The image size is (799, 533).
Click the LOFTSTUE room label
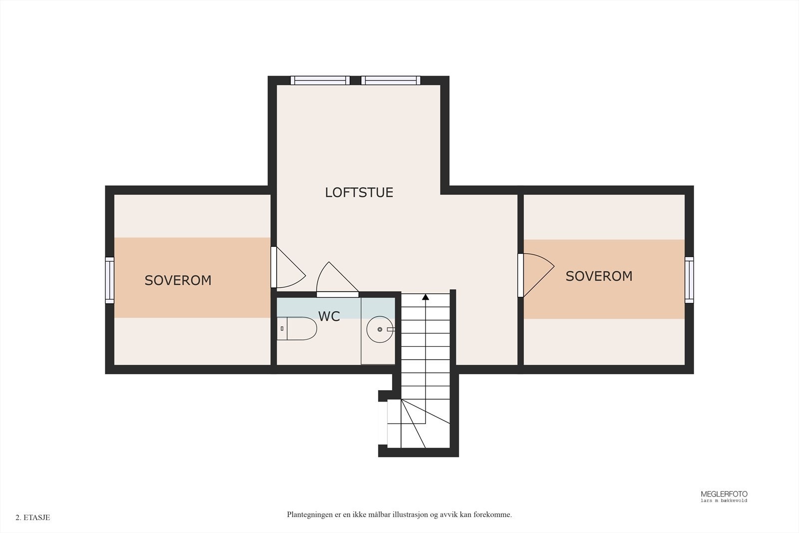pyautogui.click(x=359, y=193)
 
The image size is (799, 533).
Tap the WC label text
pyautogui.click(x=329, y=316)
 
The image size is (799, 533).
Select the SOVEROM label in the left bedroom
pyautogui.click(x=178, y=280)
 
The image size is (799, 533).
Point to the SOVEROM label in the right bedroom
pyautogui.click(x=599, y=276)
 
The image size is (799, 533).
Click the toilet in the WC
pyautogui.click(x=297, y=329)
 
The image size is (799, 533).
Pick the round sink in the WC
pyautogui.click(x=380, y=329)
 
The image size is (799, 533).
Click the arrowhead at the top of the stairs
pyautogui.click(x=425, y=297)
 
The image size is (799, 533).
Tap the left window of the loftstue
pyautogui.click(x=320, y=80)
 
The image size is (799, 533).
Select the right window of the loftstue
pyautogui.click(x=391, y=80)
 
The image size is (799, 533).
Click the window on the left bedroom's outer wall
pyautogui.click(x=109, y=280)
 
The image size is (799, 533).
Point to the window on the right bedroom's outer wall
pyautogui.click(x=689, y=280)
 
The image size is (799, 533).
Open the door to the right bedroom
pyautogui.click(x=536, y=275)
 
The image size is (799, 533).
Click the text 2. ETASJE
pyautogui.click(x=33, y=518)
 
